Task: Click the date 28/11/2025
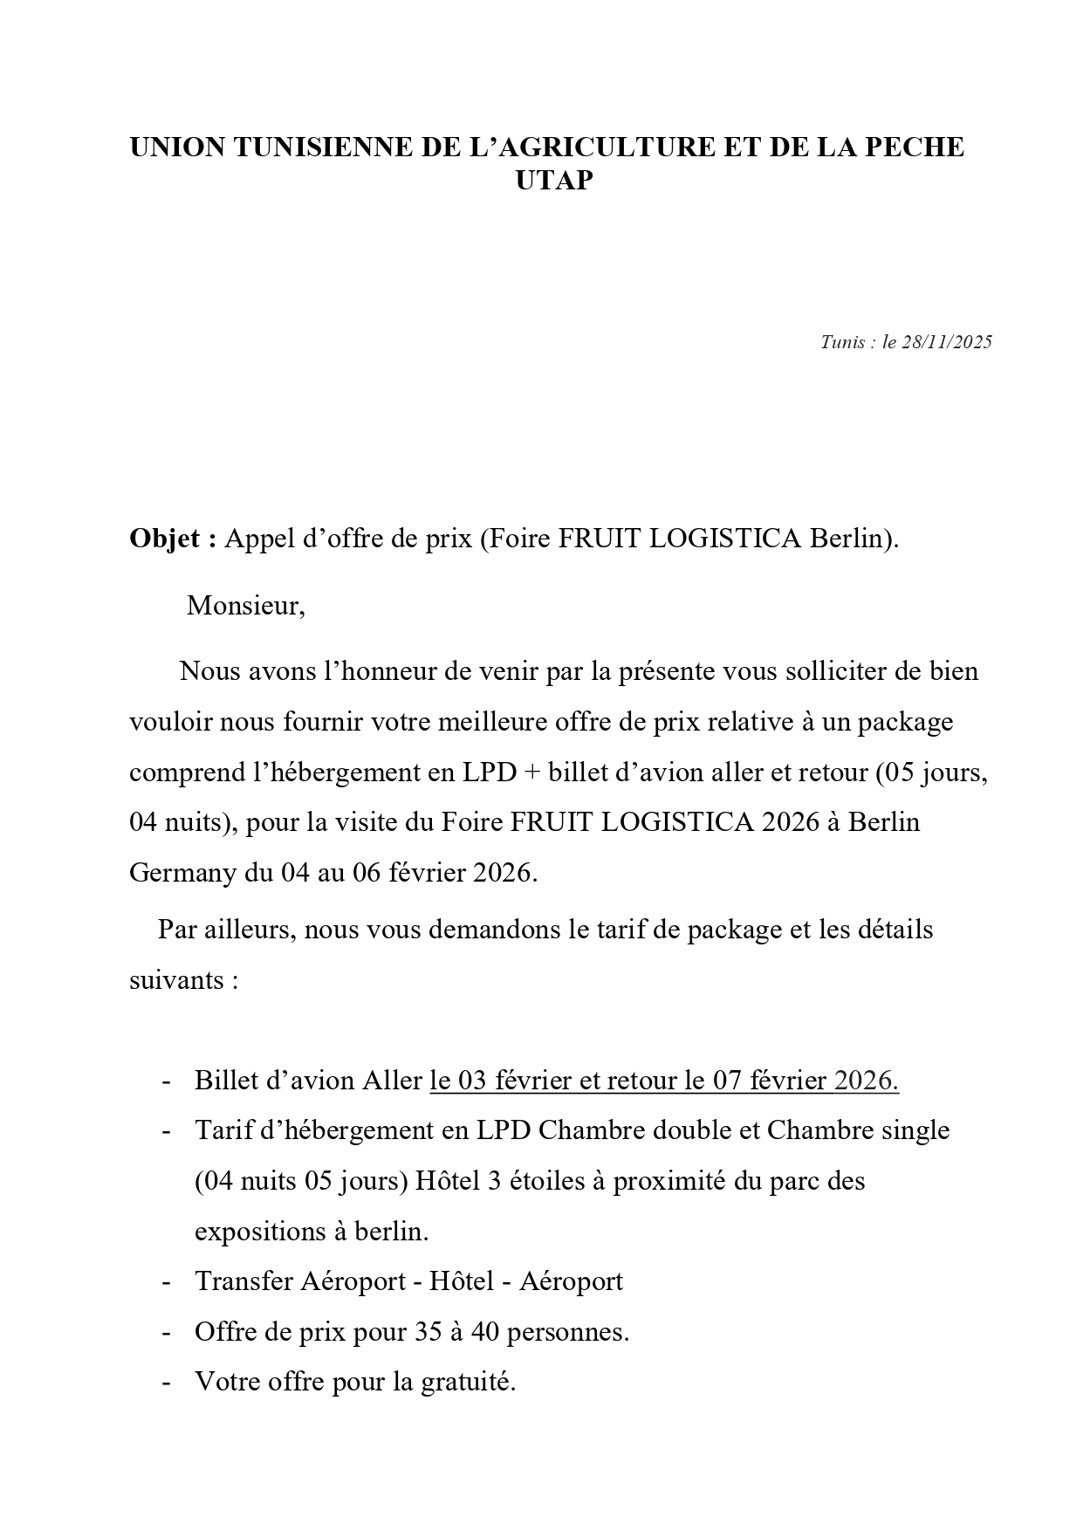[947, 342]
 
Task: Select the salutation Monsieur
[245, 605]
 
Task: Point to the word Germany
[181, 872]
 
